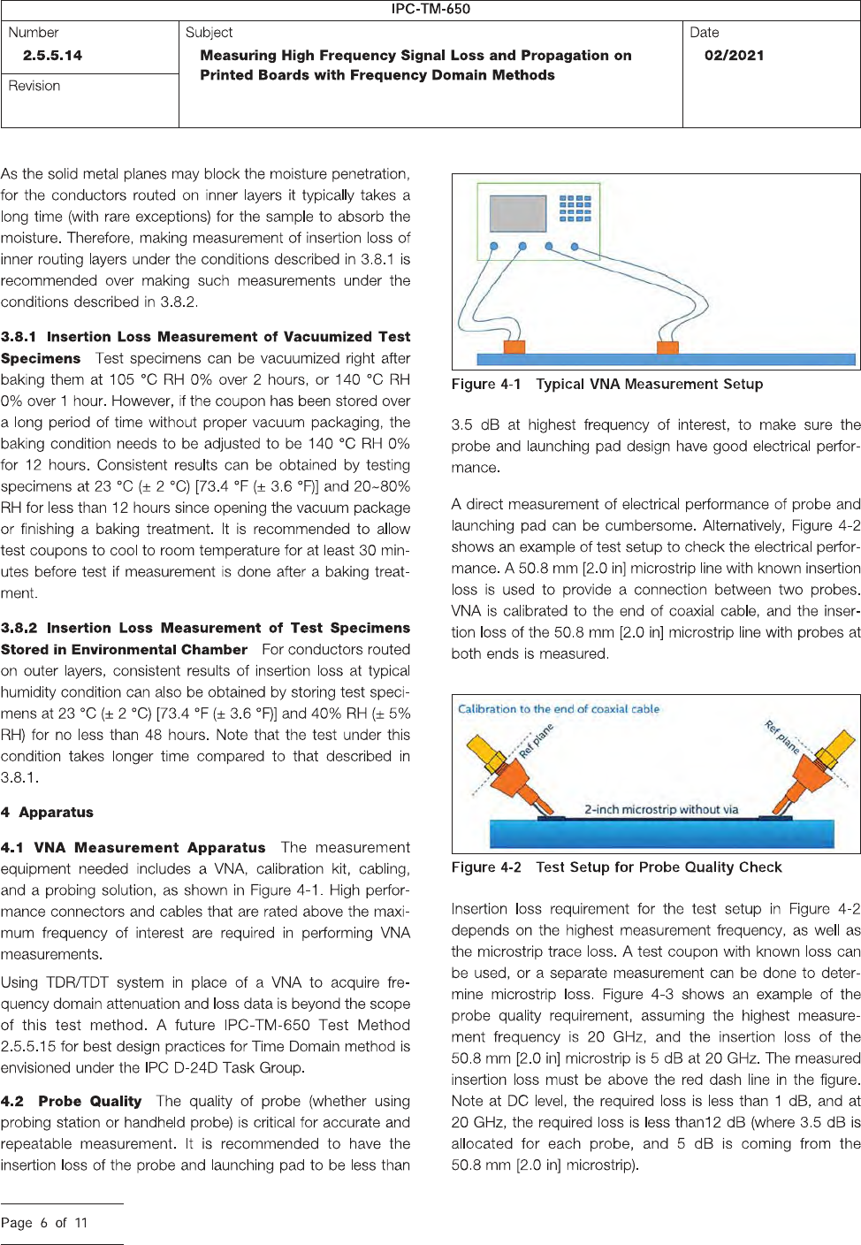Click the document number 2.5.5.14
coord(52,55)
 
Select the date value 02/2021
coord(734,55)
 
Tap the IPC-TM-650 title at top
coord(430,9)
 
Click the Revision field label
coord(34,86)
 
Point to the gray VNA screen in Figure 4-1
coord(518,213)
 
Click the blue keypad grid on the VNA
coord(575,209)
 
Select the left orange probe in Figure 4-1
coord(514,347)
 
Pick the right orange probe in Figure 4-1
coord(667,347)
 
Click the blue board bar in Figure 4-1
coord(666,360)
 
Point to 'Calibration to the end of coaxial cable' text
coord(558,708)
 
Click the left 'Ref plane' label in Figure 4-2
coord(536,741)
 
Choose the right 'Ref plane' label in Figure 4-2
coord(782,737)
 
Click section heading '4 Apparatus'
coord(47,812)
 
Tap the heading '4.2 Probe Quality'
coord(72,1101)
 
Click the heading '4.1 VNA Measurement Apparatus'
coord(133,847)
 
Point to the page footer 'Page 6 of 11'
coord(44,1223)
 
